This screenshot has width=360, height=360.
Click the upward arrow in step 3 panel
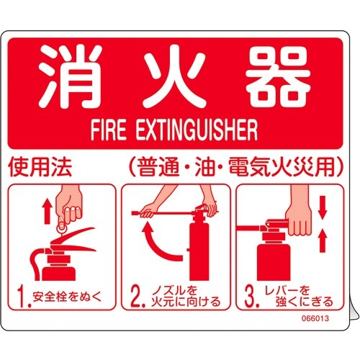click(x=323, y=237)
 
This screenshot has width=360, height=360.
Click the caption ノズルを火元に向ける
click(x=184, y=295)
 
